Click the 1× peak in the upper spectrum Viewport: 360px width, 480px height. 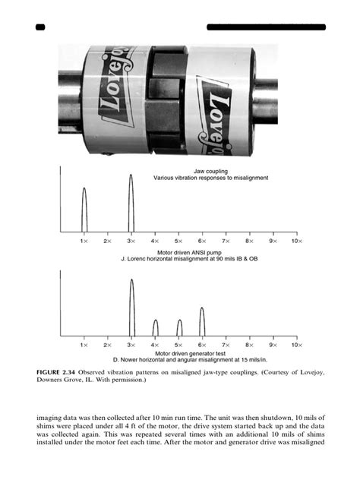[84, 209]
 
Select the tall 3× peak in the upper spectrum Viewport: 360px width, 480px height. [131, 202]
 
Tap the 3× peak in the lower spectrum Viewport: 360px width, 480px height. [131, 307]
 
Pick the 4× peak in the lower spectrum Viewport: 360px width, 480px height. [155, 328]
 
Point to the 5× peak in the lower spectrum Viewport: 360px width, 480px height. [179, 328]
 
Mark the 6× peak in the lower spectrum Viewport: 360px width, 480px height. [202, 321]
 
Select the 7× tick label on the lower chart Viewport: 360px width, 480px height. [226, 345]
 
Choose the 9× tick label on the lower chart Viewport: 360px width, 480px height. [273, 345]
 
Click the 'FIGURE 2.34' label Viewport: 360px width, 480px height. [60, 371]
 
